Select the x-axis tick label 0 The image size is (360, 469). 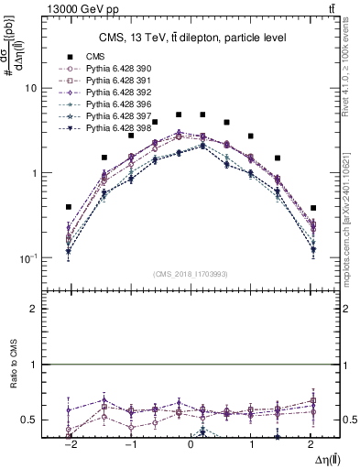191,444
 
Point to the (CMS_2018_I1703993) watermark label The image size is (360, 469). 191,274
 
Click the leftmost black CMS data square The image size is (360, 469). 69,207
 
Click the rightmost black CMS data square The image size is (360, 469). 312,208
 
